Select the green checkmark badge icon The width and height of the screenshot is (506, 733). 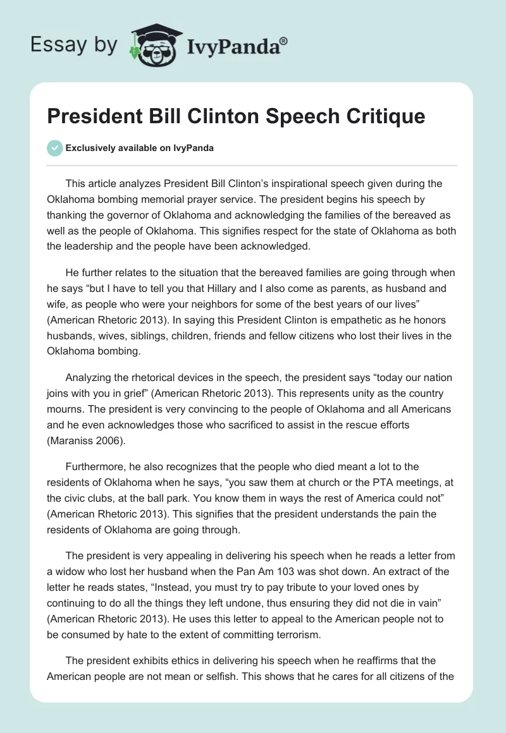coord(54,148)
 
